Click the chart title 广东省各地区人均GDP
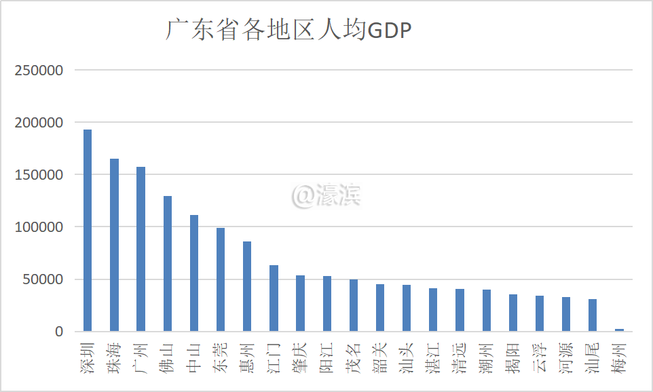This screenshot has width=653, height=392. click(x=289, y=31)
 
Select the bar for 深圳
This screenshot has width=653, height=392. click(x=88, y=231)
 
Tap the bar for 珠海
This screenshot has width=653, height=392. click(x=114, y=245)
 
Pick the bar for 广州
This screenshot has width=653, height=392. click(x=141, y=249)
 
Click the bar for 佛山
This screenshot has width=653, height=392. click(x=168, y=264)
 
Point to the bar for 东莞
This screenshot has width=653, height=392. click(x=221, y=279)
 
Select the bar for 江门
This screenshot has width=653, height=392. click(x=274, y=298)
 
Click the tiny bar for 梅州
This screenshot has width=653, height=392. click(x=619, y=330)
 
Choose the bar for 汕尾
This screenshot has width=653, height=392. click(x=593, y=315)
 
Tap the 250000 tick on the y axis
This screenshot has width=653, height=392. click(x=39, y=71)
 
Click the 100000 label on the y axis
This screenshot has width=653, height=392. click(x=39, y=227)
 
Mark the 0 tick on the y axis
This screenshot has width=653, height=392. click(x=59, y=332)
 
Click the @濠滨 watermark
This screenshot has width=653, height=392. click(x=326, y=195)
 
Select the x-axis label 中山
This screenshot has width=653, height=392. click(x=194, y=358)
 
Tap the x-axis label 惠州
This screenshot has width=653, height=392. click(x=247, y=358)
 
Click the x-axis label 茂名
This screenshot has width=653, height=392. click(x=354, y=358)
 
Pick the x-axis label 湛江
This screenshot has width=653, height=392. click(x=433, y=358)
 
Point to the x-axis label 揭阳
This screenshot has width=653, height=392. click(x=512, y=358)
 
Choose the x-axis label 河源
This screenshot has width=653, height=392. click(x=566, y=358)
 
